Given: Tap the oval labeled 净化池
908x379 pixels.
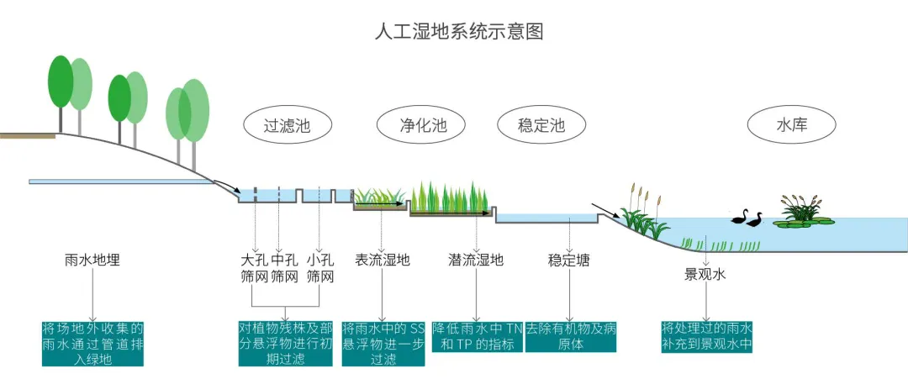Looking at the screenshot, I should coord(422,127).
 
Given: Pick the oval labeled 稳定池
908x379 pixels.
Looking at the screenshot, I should coord(541,127).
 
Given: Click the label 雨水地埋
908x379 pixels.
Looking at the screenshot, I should coord(92,261).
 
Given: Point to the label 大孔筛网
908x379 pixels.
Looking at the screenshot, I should coord(253,268).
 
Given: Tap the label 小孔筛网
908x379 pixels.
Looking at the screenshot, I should coord(320,268).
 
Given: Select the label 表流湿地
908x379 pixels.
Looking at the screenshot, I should coord(383,261).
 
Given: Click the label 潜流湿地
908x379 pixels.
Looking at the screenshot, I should coord(476,261).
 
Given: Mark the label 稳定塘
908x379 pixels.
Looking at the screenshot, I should coord(569,261).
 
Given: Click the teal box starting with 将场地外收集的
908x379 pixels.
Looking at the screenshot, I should coord(92,343).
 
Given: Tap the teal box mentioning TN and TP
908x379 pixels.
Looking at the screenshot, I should coord(477,336).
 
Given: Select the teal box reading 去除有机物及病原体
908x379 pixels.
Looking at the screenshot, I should coord(571,336).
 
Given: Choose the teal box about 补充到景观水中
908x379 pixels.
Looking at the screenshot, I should coord(706,336).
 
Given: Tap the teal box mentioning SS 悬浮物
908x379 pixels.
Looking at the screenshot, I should coord(383,343).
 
